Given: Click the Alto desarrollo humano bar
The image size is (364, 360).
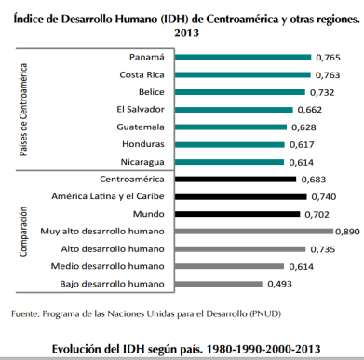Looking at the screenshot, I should (x=243, y=248).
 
